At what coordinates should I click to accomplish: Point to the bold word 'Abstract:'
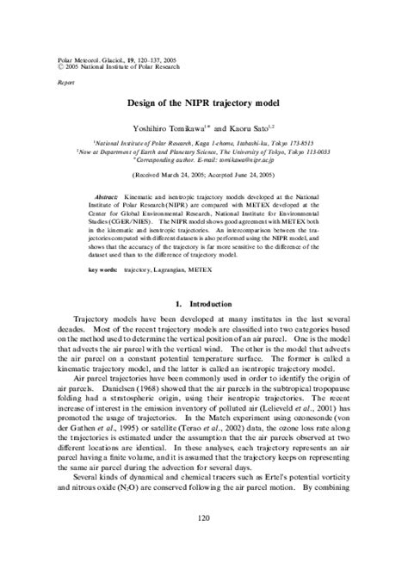(108, 197)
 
